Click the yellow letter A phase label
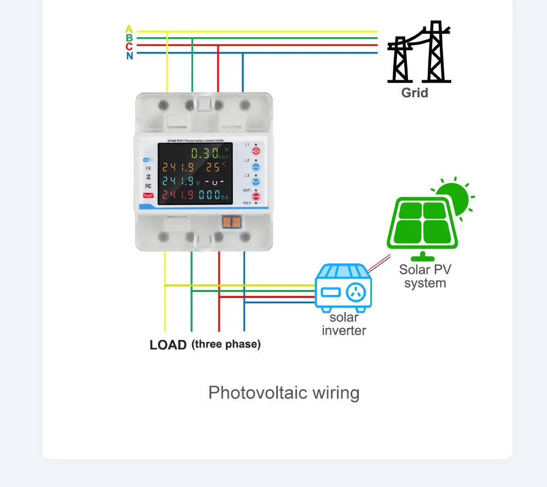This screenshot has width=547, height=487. [129, 28]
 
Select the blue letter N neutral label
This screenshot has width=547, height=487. [129, 56]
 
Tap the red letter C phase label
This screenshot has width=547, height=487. [129, 46]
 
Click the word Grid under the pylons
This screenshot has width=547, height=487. [415, 92]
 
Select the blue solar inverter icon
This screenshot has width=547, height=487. [344, 287]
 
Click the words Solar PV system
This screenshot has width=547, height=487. [425, 276]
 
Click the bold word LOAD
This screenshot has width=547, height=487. [168, 345]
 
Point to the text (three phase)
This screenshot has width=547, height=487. [226, 344]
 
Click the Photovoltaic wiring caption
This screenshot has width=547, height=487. [284, 393]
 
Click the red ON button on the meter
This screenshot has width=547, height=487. [255, 196]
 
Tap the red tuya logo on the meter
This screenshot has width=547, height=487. [148, 195]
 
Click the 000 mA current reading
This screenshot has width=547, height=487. [210, 195]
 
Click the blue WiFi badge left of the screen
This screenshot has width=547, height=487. [148, 160]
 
